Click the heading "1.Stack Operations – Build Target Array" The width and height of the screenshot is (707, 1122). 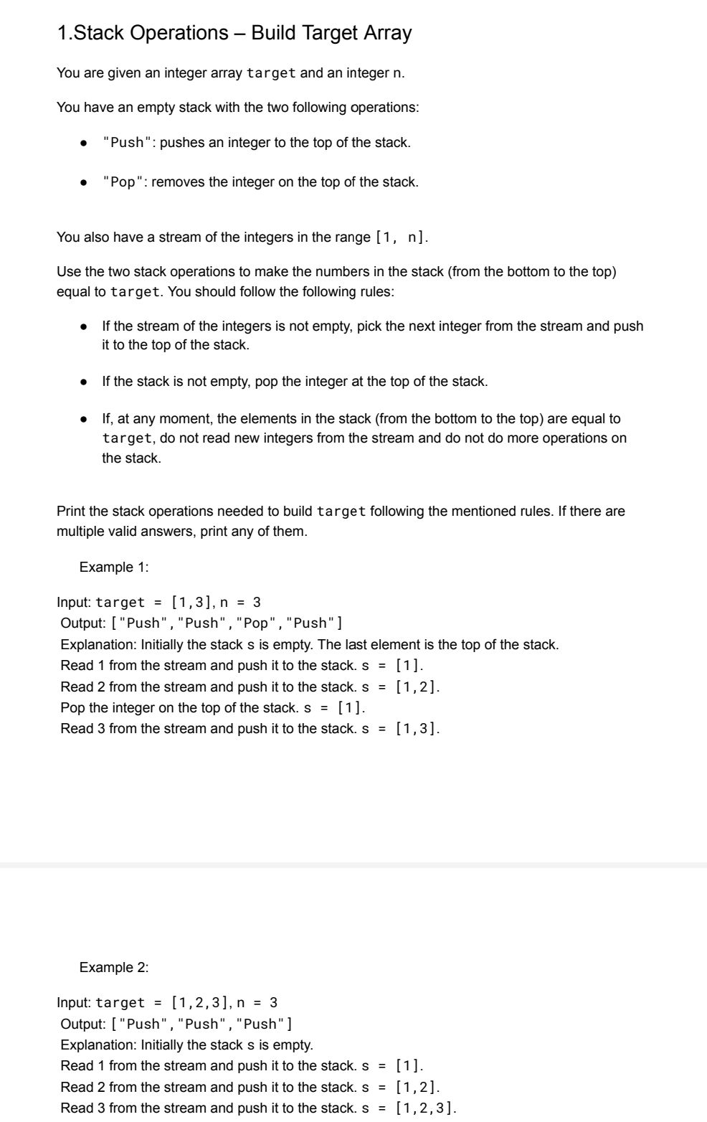(x=234, y=33)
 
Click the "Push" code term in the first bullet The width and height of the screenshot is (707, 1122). (x=127, y=143)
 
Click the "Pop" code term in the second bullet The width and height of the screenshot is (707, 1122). (x=123, y=182)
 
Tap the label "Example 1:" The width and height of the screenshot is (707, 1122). (x=114, y=567)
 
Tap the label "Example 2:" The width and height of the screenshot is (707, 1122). (x=114, y=968)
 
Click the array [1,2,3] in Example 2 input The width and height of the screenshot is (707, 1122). (x=199, y=1003)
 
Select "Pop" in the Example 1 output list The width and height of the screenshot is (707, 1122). (x=256, y=623)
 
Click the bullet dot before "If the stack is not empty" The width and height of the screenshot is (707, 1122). (x=85, y=382)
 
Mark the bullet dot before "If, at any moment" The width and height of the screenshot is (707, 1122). (x=85, y=419)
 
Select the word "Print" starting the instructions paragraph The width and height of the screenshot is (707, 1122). (x=72, y=511)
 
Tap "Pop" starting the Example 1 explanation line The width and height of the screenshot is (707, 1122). (x=72, y=708)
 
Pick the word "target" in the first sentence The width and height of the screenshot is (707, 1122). (x=271, y=73)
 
